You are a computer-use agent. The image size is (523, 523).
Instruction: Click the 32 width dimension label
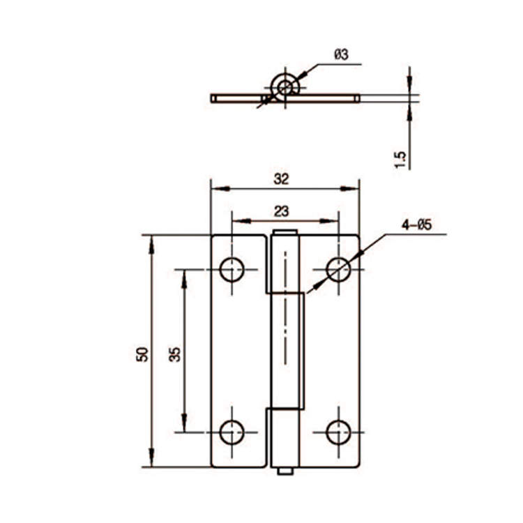pos(281,179)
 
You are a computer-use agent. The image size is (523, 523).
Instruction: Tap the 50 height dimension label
pos(142,354)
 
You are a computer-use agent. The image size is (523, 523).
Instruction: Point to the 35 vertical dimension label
pos(175,354)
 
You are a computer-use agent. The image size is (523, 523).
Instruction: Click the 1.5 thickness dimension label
pos(400,159)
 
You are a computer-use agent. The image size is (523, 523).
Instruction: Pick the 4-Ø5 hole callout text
pos(417,225)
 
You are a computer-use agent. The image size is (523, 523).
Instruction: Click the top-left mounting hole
pos(232,269)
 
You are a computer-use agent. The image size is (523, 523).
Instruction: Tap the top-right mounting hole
pos(339,269)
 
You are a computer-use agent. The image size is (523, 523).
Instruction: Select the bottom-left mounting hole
pos(232,432)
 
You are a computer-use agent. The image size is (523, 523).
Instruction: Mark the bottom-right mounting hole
pos(339,432)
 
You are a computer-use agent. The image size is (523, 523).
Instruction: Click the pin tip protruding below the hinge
pos(285,472)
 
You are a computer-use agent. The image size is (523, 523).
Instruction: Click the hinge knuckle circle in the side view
pos(285,87)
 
